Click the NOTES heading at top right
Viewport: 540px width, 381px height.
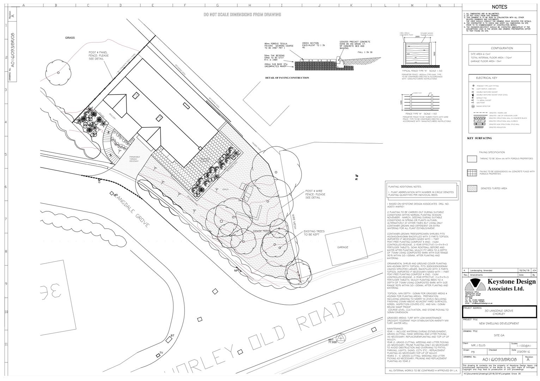(x=499, y=7)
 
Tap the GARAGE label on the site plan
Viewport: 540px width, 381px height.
(x=342, y=247)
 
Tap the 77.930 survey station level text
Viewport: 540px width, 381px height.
(x=332, y=342)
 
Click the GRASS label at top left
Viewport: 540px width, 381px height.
(x=70, y=38)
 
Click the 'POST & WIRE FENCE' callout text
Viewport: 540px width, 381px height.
(x=315, y=194)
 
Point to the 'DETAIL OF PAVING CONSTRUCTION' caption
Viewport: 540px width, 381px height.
(x=287, y=78)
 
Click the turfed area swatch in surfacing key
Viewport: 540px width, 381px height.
(x=472, y=188)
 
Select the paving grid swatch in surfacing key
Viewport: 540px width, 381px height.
(x=472, y=173)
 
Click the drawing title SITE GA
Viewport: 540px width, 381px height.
(x=499, y=335)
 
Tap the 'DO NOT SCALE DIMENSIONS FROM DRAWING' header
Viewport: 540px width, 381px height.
(x=242, y=14)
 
